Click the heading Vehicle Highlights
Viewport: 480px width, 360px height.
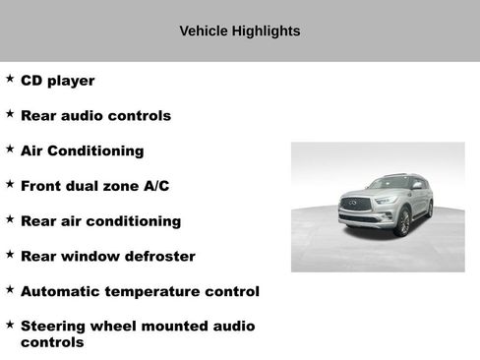(239, 31)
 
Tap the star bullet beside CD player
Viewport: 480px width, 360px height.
(10, 79)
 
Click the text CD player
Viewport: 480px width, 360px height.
(57, 81)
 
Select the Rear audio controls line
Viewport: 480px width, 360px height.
(95, 116)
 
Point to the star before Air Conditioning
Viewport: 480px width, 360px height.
(10, 150)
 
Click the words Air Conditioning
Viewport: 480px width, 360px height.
(82, 151)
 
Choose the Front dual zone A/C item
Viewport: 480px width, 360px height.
(94, 186)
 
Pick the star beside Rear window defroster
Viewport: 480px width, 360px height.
(10, 255)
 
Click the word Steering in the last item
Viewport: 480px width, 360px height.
(57, 327)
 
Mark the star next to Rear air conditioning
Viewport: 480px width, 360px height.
(10, 219)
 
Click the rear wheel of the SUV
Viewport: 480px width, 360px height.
(429, 209)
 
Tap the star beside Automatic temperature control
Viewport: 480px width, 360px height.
(10, 290)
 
